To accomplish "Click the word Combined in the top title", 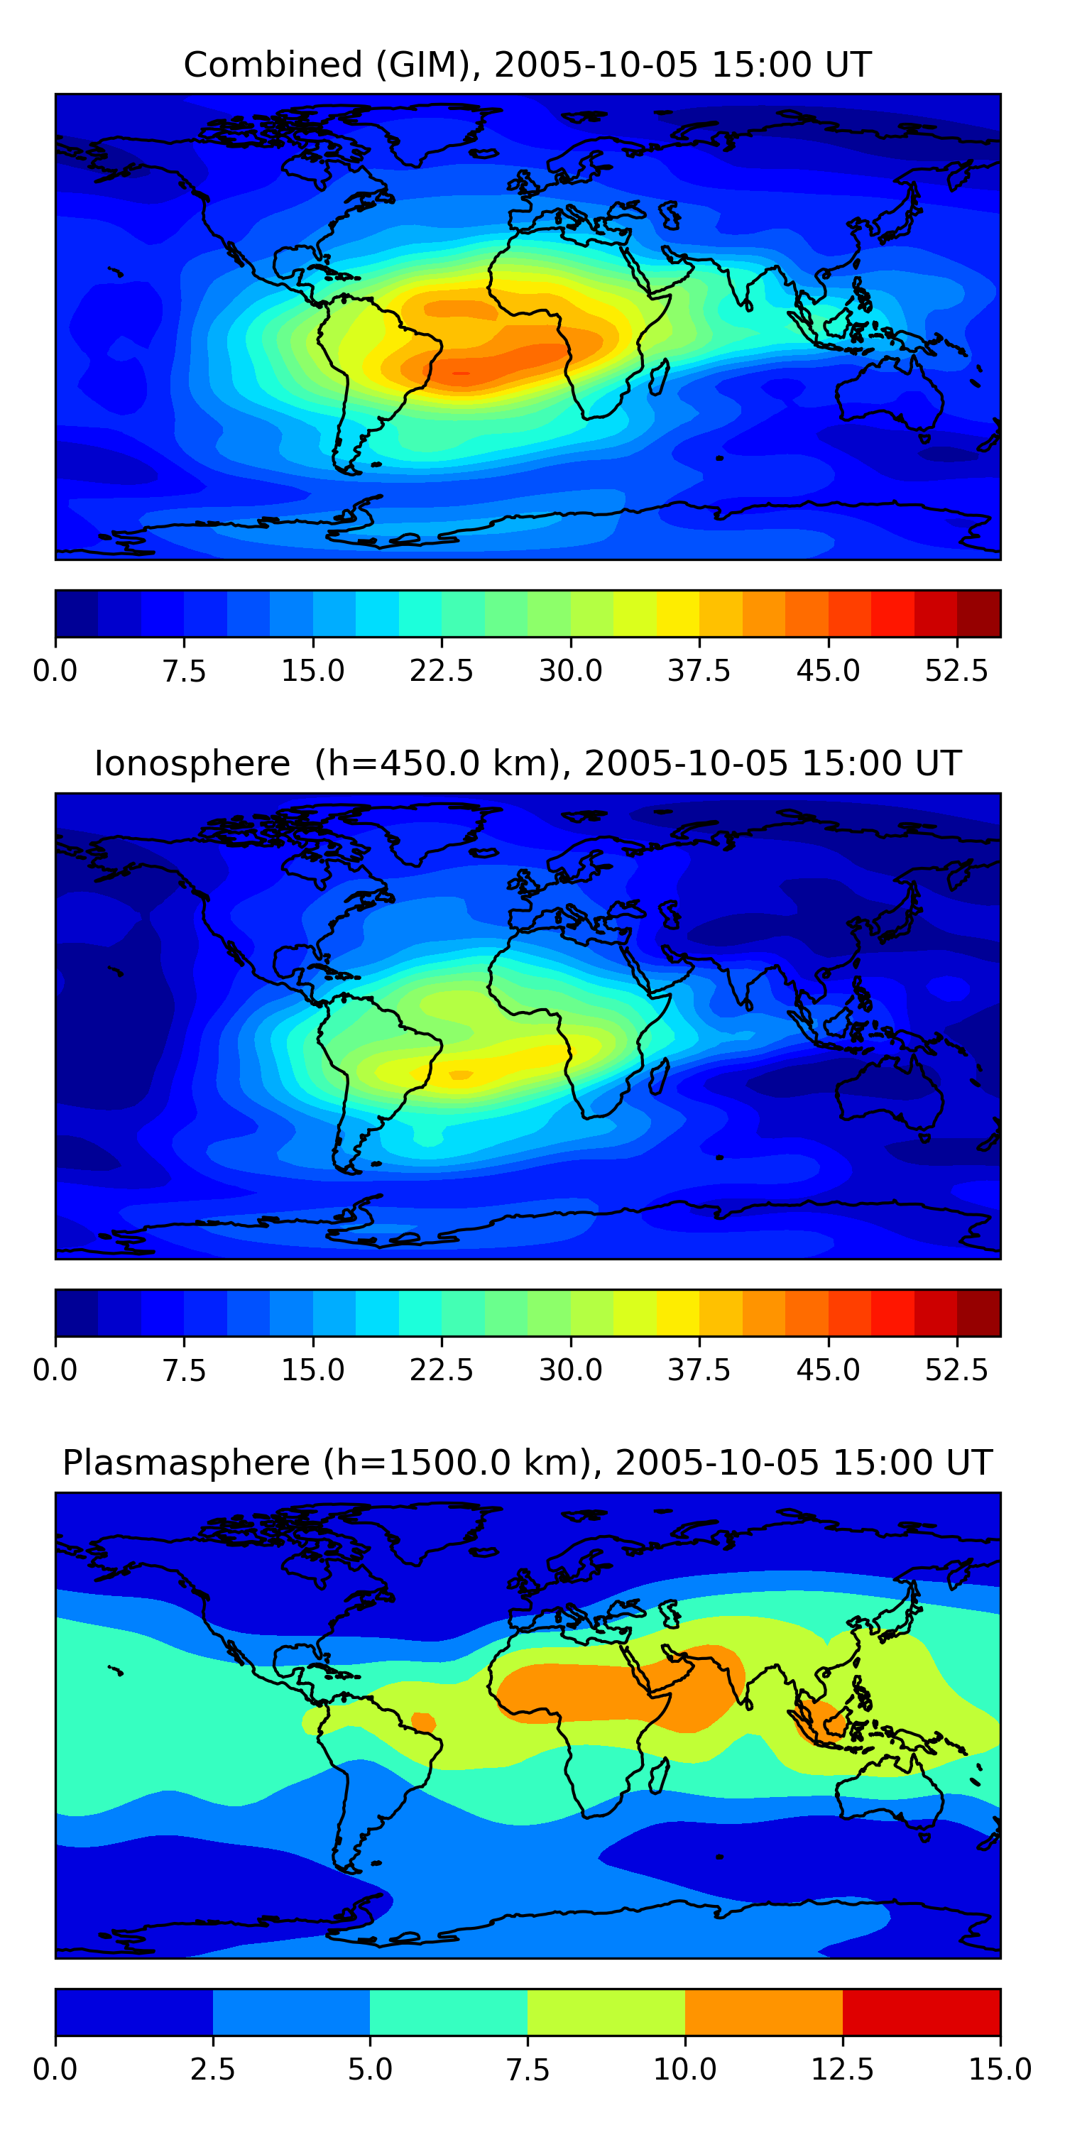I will point(273,65).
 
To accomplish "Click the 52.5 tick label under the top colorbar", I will point(956,670).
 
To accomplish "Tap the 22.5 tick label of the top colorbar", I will point(441,670).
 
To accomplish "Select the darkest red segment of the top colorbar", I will point(978,613).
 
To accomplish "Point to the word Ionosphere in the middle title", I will point(192,763).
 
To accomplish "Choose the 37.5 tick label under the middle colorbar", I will point(699,1370).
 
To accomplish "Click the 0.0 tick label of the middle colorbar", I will point(55,1370).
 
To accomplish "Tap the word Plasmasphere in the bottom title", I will point(186,1463).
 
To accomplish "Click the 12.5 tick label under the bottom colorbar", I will point(842,2070).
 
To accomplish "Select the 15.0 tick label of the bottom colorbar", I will point(1000,2070).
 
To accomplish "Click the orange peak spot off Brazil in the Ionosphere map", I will point(460,1075).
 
